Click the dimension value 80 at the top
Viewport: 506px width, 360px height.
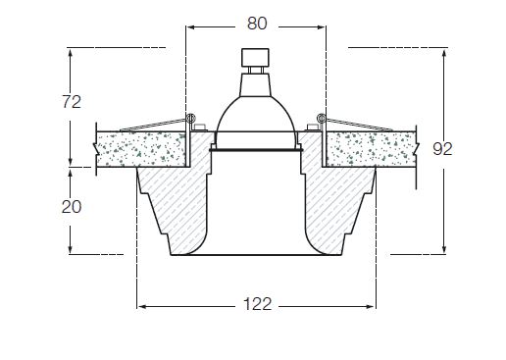257,24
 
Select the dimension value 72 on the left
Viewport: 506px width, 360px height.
72,102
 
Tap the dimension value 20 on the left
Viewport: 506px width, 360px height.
72,207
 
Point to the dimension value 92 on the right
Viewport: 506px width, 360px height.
442,149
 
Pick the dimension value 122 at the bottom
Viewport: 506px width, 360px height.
257,304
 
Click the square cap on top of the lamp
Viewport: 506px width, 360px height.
255,57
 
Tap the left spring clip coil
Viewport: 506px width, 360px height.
190,118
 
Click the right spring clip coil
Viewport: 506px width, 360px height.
322,118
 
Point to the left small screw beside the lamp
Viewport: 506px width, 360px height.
199,128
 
